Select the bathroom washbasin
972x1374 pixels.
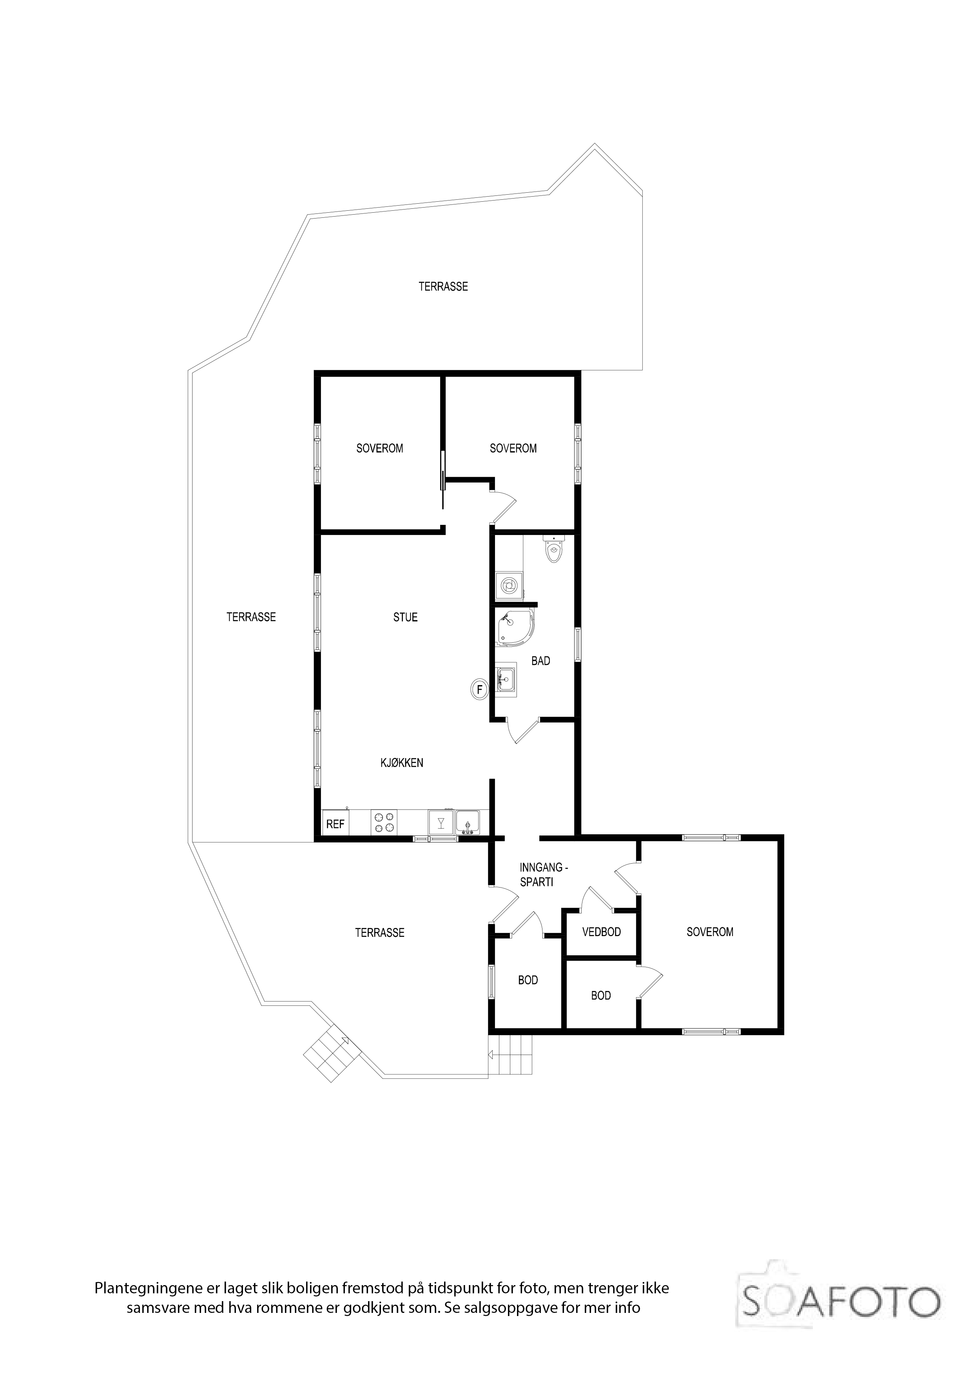506,678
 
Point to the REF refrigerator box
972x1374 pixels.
335,824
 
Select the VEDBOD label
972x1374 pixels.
601,932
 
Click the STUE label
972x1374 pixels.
405,617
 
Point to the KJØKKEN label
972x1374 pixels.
402,763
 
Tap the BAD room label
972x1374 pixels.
541,661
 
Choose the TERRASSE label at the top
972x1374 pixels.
443,287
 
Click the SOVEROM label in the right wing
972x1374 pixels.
710,932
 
